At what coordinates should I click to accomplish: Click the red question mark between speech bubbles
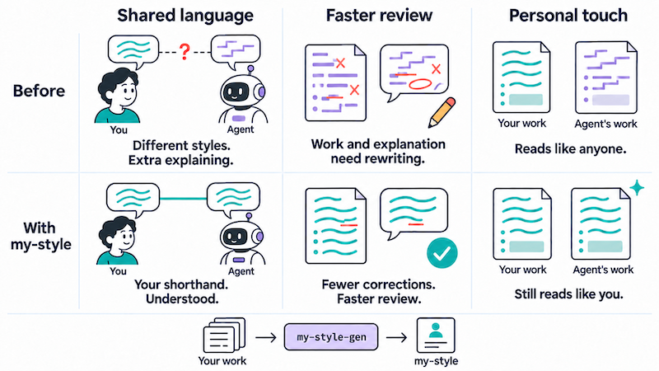pos(185,52)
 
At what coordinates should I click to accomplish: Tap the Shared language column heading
pos(185,16)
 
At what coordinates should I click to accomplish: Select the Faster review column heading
pos(379,16)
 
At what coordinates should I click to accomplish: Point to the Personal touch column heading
pos(568,16)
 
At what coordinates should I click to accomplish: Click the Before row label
pos(39,91)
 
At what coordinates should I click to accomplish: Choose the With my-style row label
pos(40,236)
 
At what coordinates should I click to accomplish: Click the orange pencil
pos(442,112)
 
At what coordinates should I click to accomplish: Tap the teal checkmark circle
pos(442,252)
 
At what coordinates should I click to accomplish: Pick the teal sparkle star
pos(637,188)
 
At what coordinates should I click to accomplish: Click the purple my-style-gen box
pos(331,337)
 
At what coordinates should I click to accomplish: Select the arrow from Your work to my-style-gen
pos(265,337)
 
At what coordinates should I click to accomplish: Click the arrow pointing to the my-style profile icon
pos(397,337)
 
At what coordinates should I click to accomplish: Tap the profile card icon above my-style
pos(436,336)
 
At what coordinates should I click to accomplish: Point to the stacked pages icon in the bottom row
pos(224,336)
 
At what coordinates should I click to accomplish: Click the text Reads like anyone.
pos(570,149)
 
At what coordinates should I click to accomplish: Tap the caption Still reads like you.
pos(568,294)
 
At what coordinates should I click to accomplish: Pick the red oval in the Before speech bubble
pos(420,84)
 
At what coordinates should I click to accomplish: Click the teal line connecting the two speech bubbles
pos(183,199)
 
